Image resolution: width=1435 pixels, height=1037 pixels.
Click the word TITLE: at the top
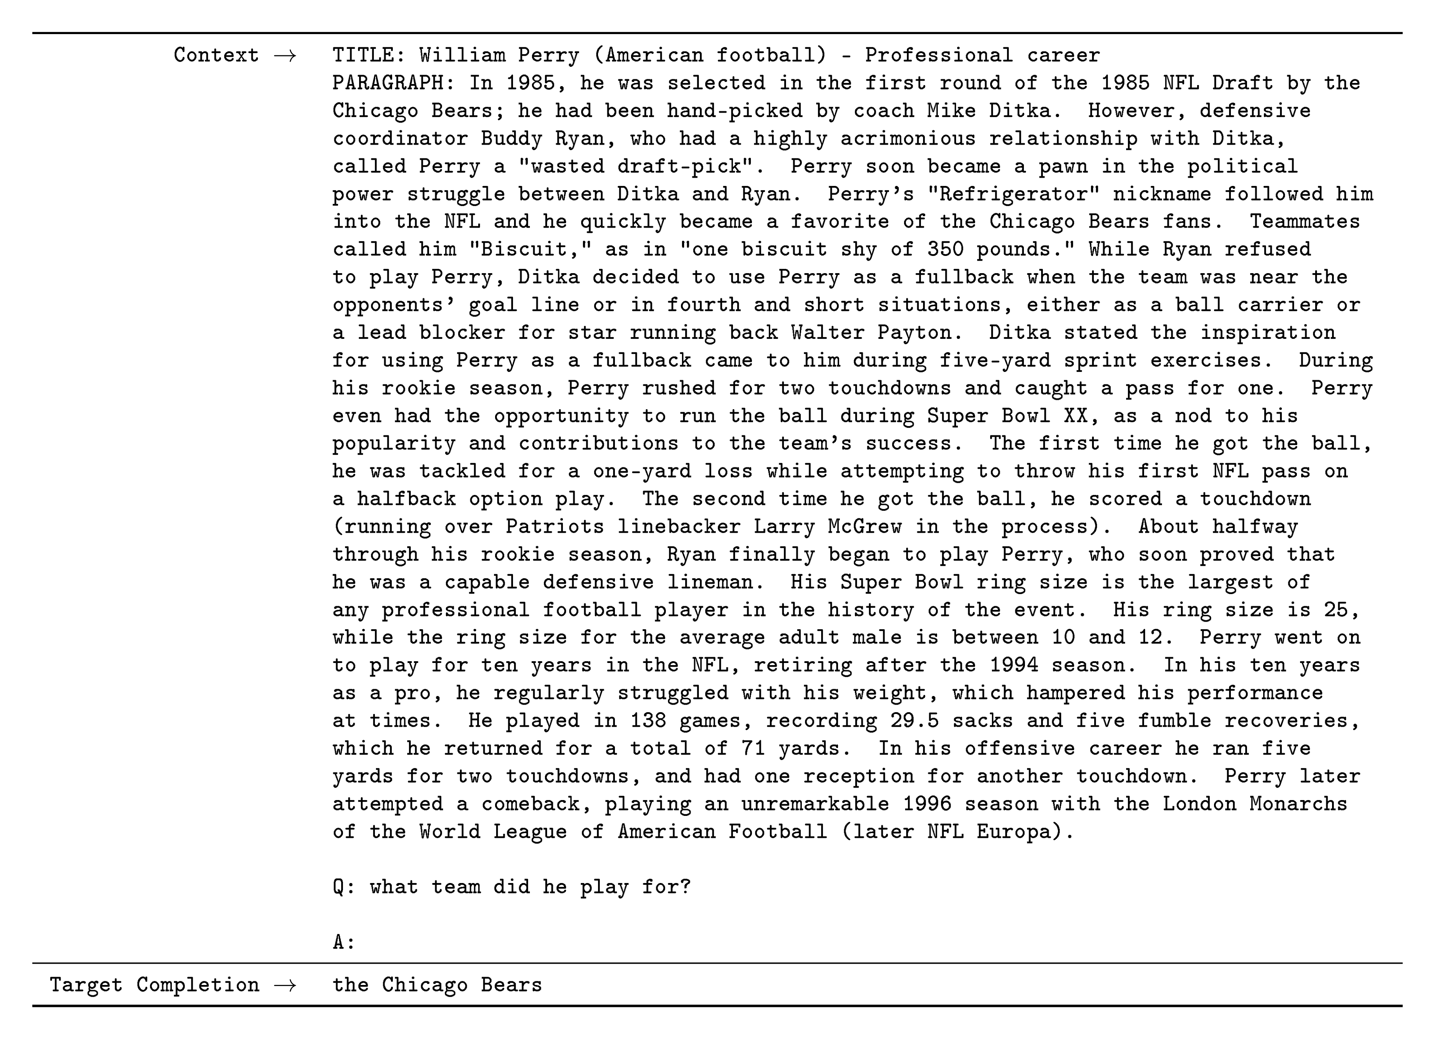click(369, 55)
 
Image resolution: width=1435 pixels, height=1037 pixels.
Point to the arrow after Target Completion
click(285, 985)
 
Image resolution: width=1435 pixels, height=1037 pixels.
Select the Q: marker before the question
click(344, 887)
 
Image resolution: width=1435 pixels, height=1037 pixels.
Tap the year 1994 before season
click(1013, 665)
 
